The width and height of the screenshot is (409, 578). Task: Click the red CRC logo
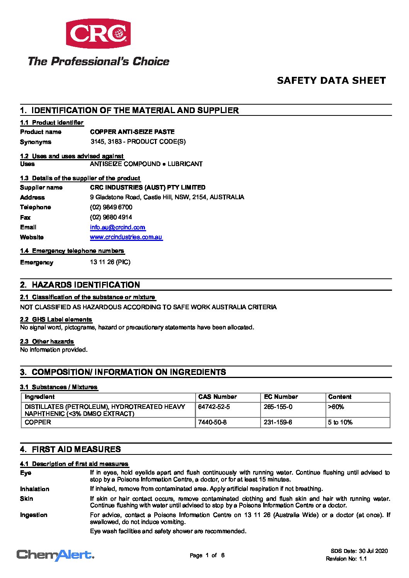[98, 34]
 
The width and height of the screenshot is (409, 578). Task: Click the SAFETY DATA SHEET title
[331, 81]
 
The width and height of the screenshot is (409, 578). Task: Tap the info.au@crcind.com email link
[118, 227]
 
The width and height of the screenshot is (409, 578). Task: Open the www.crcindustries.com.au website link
[126, 237]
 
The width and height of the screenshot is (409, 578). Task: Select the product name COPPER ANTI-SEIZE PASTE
[132, 132]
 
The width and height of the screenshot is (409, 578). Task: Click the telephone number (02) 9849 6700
[111, 207]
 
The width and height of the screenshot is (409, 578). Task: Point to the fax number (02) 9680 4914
[111, 217]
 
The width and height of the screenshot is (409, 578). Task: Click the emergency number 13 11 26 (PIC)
[110, 262]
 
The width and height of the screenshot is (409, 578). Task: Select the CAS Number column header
[217, 397]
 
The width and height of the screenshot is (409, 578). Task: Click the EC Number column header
[281, 397]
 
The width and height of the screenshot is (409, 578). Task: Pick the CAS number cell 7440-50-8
[212, 422]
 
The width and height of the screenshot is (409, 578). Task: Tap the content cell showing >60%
[336, 407]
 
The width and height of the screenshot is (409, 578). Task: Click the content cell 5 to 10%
[340, 422]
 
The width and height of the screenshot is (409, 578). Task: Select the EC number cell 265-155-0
[278, 407]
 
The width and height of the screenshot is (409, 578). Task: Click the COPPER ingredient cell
[38, 422]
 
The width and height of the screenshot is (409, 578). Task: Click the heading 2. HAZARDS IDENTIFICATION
[80, 285]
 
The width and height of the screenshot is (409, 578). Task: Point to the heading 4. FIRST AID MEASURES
[70, 449]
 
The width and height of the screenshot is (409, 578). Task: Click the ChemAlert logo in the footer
[55, 555]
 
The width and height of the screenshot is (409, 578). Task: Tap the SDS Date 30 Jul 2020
[359, 551]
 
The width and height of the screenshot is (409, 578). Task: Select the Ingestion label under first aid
[34, 515]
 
